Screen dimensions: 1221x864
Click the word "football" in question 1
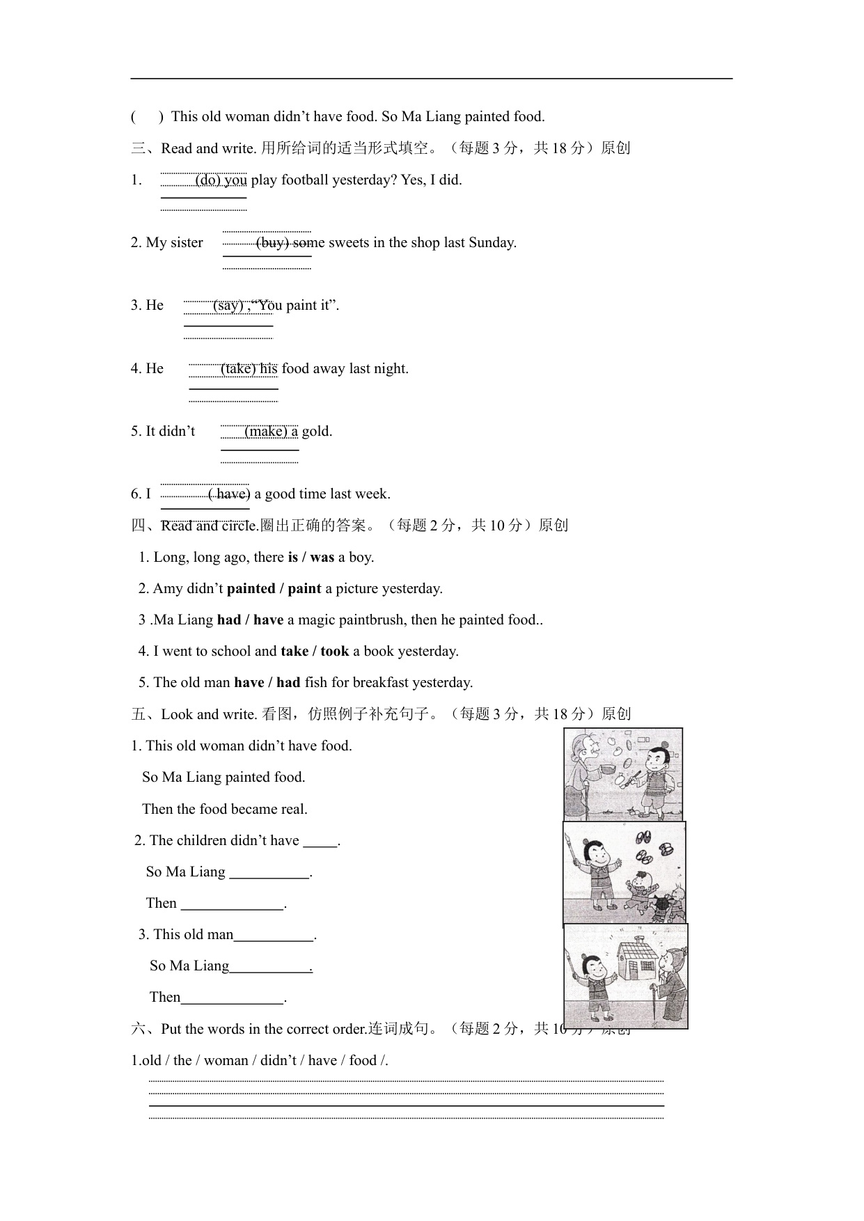pos(305,180)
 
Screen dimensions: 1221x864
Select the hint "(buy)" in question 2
pos(272,243)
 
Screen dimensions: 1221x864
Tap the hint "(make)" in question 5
pos(266,432)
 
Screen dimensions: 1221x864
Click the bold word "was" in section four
pos(322,558)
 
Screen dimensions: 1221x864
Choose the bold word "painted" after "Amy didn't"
pos(251,589)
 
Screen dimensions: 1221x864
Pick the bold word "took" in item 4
pos(335,652)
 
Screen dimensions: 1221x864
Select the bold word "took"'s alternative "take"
pos(294,652)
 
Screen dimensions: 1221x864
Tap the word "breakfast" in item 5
pos(381,683)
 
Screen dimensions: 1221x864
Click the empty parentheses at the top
pos(147,117)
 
